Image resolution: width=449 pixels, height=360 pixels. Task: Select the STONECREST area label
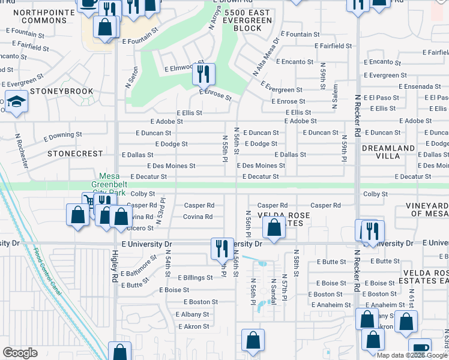pyautogui.click(x=76, y=154)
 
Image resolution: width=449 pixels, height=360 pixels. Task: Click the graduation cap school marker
pyautogui.click(x=16, y=102)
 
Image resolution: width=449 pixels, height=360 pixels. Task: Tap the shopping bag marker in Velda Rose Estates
pyautogui.click(x=274, y=228)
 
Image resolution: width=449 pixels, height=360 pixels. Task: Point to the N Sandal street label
pyautogui.click(x=273, y=291)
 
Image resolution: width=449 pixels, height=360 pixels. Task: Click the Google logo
pyautogui.click(x=20, y=353)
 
